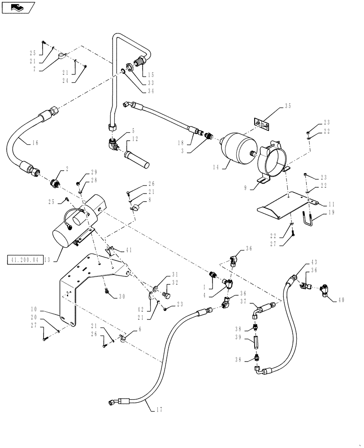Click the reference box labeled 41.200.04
pyautogui.click(x=25, y=259)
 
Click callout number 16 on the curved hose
pyautogui.click(x=35, y=143)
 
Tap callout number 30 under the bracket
pyautogui.click(x=122, y=296)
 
